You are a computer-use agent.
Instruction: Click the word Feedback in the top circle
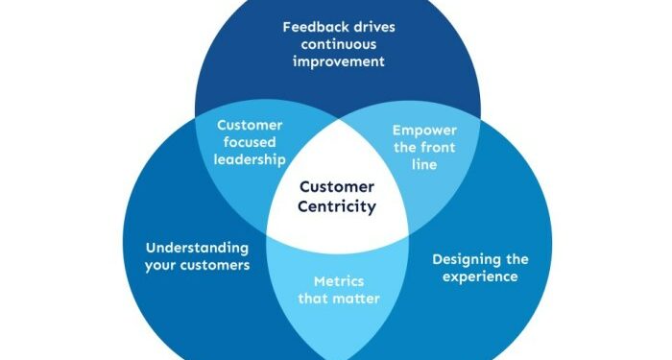click(309, 26)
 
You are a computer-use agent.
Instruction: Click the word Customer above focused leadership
click(249, 125)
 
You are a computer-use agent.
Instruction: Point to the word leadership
click(249, 159)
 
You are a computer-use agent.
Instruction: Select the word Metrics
click(339, 281)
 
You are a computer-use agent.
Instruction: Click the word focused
click(249, 142)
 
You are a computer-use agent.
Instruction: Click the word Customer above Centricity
click(336, 187)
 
